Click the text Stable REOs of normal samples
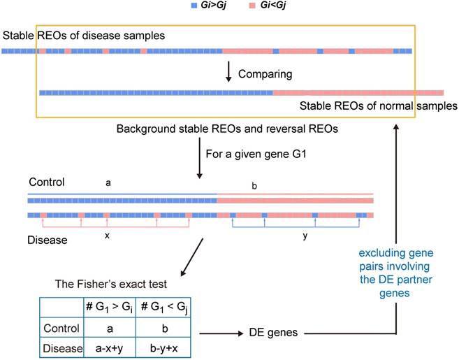tap(378, 106)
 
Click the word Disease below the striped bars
tap(48, 240)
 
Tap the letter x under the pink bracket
tap(107, 236)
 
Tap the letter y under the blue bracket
tap(306, 236)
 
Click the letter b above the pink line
tap(254, 186)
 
